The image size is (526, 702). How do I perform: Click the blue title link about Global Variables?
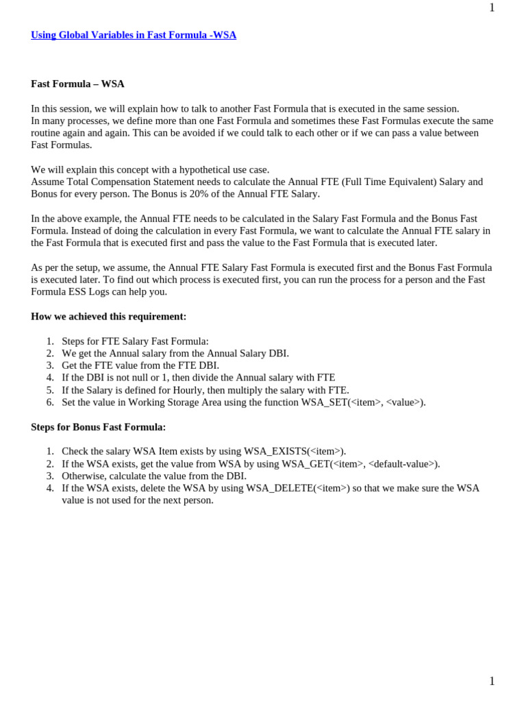tap(134, 35)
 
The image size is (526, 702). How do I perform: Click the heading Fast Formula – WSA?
tap(77, 84)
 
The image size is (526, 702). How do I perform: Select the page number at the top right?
tap(492, 8)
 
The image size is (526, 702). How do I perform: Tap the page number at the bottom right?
tap(492, 681)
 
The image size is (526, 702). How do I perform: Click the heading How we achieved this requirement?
tap(108, 316)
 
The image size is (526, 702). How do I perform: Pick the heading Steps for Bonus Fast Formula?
tap(98, 426)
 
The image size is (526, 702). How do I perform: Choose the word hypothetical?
tap(190, 169)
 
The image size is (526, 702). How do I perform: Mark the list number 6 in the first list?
tap(50, 402)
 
